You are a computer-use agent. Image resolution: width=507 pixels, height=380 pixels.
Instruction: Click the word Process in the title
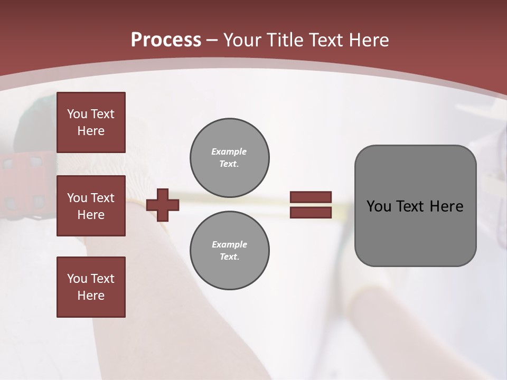(x=166, y=40)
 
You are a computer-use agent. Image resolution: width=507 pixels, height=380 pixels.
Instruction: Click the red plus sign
(x=163, y=205)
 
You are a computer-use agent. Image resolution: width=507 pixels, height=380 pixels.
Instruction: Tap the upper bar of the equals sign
(x=311, y=197)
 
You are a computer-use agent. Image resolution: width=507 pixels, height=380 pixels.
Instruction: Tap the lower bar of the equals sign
(x=311, y=213)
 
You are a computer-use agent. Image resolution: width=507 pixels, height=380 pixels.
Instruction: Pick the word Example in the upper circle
(x=229, y=151)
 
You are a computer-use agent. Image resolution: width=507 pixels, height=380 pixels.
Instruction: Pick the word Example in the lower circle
(x=229, y=244)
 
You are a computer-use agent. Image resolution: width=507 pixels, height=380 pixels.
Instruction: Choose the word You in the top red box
(x=77, y=114)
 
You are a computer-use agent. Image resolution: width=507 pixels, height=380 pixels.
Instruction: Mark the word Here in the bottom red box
(x=91, y=296)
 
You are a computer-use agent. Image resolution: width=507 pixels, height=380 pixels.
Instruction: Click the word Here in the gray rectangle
(x=446, y=206)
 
